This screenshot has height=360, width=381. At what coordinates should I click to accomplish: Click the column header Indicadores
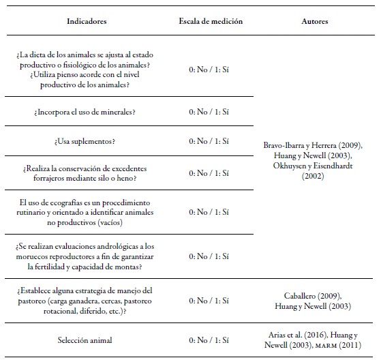coord(87,22)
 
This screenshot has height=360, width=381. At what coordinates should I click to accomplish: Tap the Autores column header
coord(314,22)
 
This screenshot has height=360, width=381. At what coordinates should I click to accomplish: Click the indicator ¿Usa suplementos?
coord(87,141)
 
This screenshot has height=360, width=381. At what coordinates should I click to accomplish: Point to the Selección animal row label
coord(87,339)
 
